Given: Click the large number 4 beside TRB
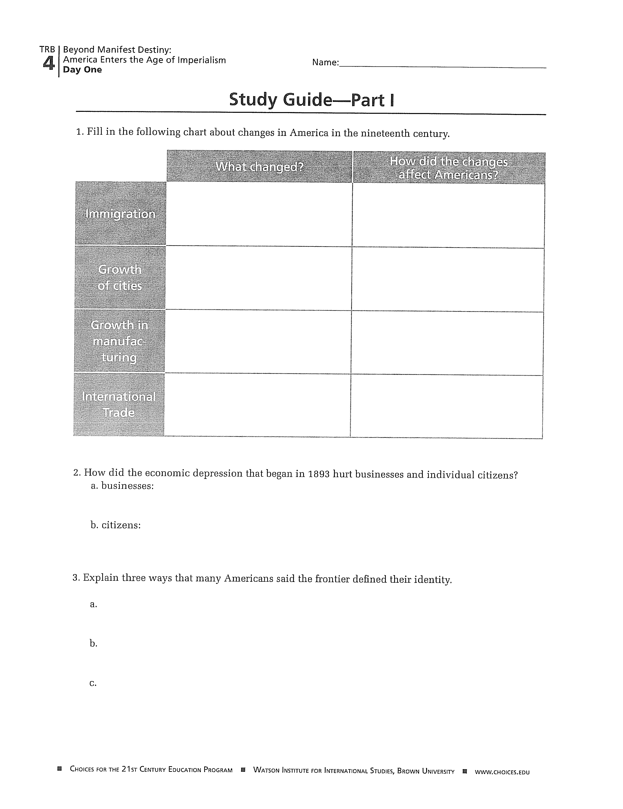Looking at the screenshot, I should (49, 63).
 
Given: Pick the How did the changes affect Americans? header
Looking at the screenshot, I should (449, 168).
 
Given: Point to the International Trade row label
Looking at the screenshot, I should (119, 404).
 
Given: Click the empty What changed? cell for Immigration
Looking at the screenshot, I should (259, 214).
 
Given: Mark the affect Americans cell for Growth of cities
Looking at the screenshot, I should (448, 280).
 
